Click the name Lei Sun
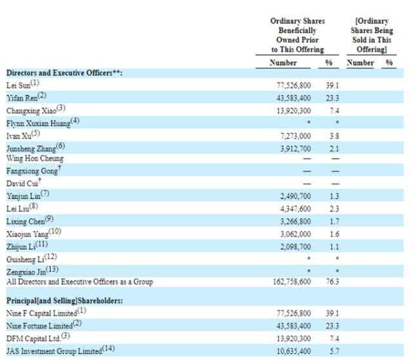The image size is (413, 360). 19,84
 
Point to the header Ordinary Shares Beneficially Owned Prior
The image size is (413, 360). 296,35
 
